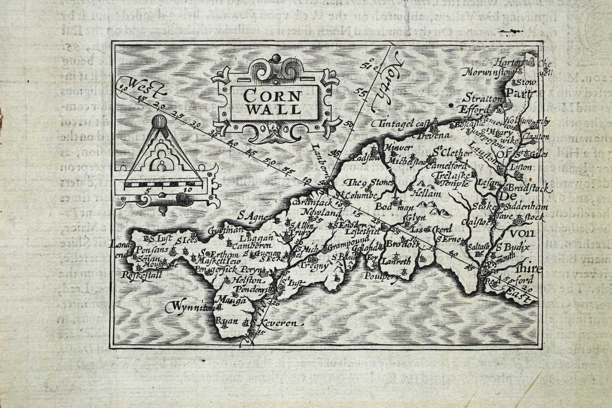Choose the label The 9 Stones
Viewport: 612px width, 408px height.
pos(369,182)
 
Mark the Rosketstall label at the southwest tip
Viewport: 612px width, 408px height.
pos(141,276)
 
